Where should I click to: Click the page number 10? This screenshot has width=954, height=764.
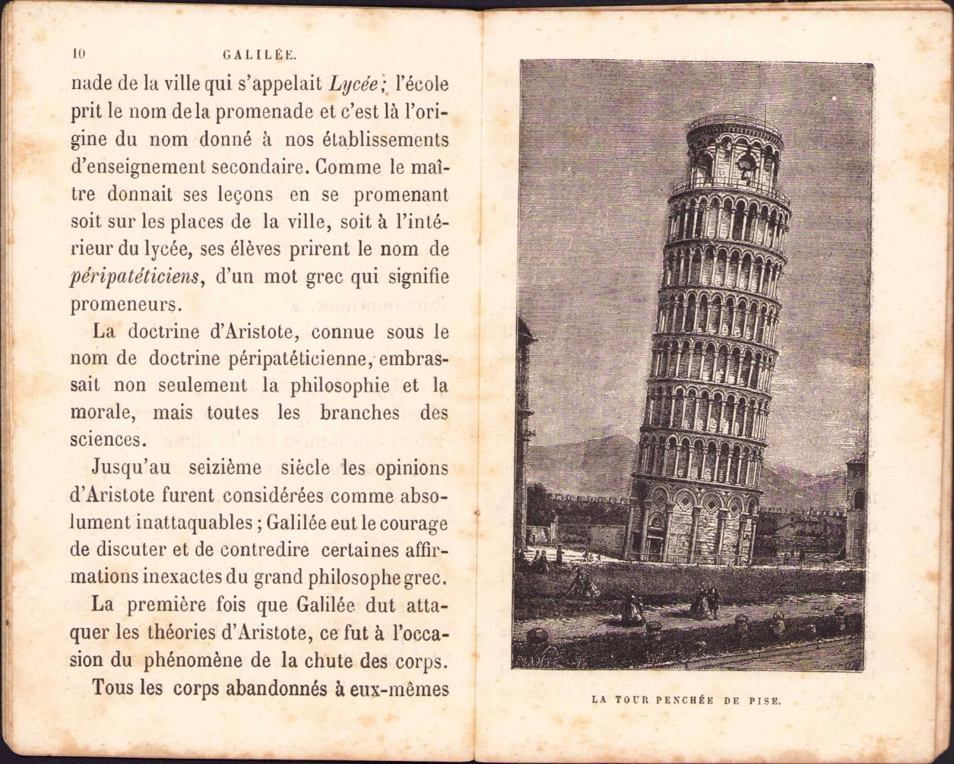(79, 54)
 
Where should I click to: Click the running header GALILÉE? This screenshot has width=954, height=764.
(260, 55)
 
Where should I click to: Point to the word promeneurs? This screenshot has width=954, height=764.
(126, 305)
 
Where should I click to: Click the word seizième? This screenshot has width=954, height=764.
(225, 468)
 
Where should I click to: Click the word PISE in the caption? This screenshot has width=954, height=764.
(764, 701)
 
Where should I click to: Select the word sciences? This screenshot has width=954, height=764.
(106, 440)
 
